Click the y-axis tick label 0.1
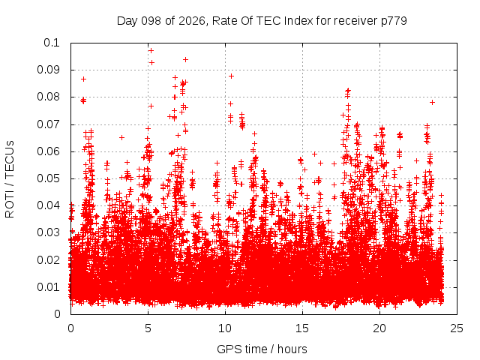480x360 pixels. pos(52,43)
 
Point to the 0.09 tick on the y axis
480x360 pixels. pos(48,70)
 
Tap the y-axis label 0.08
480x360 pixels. pos(48,97)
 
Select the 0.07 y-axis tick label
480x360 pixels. pos(48,124)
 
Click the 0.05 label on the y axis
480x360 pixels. pos(48,178)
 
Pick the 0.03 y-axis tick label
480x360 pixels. pos(48,232)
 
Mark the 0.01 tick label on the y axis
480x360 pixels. pos(48,287)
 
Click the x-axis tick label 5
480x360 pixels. pos(148,328)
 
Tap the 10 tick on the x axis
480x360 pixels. pos(225,328)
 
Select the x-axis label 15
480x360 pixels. pos(302,328)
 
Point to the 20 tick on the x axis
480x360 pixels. pos(379,328)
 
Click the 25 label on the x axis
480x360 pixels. pos(457,328)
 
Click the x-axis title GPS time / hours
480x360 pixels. pos(262,349)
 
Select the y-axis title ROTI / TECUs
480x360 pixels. pos(10,179)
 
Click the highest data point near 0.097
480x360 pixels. pos(151,50)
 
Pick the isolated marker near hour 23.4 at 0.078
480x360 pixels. pos(432,102)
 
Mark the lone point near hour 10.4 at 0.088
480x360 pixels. pos(232,76)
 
